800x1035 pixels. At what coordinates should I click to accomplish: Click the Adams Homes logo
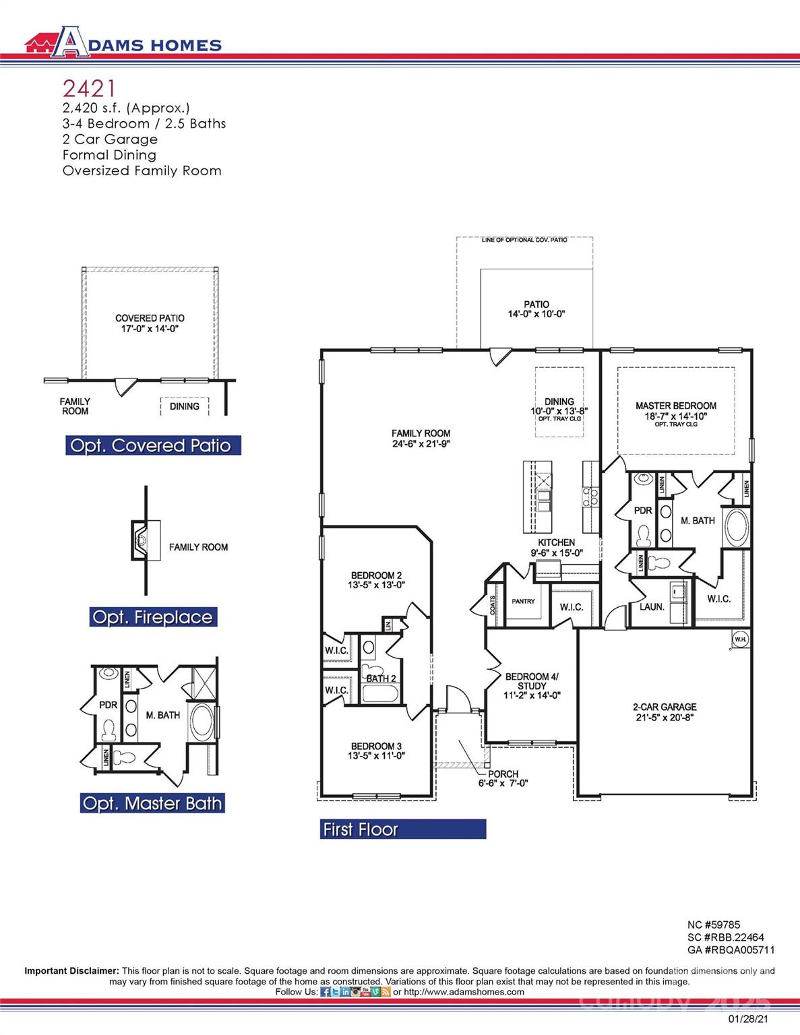[123, 42]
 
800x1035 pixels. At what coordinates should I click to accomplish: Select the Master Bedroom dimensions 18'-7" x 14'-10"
[675, 416]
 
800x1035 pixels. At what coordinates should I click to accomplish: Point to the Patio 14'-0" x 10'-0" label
[536, 309]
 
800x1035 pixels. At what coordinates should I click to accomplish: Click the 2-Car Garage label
[664, 712]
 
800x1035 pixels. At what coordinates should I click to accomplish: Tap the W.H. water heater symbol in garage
[740, 639]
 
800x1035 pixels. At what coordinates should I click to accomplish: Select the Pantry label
[523, 601]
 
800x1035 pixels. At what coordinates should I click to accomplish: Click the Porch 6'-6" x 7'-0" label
[503, 778]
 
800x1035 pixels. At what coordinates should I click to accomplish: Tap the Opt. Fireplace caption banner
[153, 617]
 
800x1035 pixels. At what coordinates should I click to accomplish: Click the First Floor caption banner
[402, 829]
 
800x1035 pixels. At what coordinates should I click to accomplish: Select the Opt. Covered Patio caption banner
[152, 445]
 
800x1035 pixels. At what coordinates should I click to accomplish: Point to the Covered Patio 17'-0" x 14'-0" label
[150, 323]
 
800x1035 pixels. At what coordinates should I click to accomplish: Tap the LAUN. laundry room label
[652, 606]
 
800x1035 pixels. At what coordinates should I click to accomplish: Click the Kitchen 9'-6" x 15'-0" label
[556, 547]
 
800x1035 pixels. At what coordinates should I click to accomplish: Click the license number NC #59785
[713, 925]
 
